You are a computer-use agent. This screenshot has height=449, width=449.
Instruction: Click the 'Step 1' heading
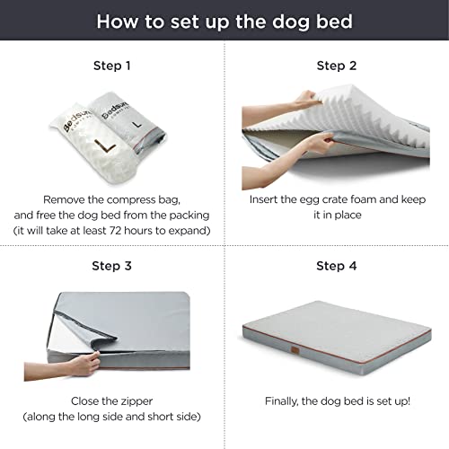click(x=112, y=66)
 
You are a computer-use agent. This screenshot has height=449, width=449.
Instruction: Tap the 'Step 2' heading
click(x=337, y=66)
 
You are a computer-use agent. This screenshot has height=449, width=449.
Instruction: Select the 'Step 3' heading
click(x=111, y=266)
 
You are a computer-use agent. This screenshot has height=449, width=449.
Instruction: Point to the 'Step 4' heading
click(x=337, y=266)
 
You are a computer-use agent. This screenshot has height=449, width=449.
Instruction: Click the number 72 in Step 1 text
click(x=115, y=231)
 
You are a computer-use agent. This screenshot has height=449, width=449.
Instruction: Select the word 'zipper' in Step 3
click(x=136, y=401)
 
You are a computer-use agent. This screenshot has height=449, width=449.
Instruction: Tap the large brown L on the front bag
click(x=105, y=146)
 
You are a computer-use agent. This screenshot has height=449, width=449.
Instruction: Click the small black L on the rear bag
click(x=137, y=124)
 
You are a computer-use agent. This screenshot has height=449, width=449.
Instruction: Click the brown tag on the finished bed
click(x=295, y=349)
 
